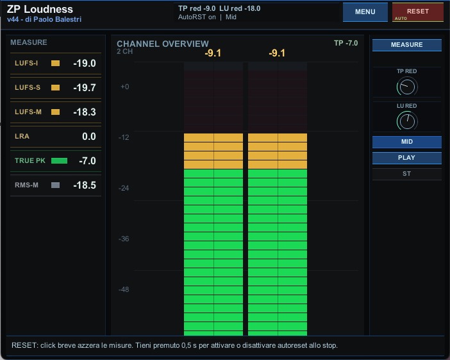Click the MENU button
[365, 12]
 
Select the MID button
[406, 142]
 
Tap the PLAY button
[406, 158]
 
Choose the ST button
[406, 174]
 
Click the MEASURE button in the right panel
[406, 45]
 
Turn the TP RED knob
[407, 87]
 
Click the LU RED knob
[407, 121]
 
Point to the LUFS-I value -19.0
[85, 63]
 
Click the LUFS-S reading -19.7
[85, 88]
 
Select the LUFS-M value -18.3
[85, 112]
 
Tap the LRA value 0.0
[89, 136]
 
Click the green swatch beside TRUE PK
[59, 160]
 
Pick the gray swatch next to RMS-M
[55, 185]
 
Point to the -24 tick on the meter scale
[124, 188]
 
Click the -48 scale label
[124, 289]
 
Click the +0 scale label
[124, 87]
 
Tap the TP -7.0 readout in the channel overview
[346, 43]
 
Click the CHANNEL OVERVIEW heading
[163, 44]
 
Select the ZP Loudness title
[40, 9]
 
